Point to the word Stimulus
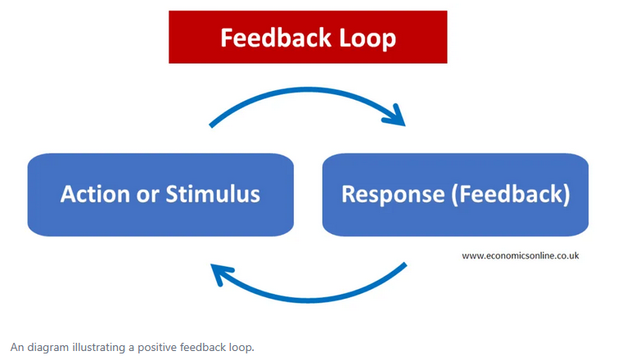point(214,194)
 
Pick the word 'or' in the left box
point(150,194)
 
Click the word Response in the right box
point(389,194)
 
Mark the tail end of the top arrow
point(212,125)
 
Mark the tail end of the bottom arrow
point(404,265)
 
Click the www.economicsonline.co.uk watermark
point(520,255)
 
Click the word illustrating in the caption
point(97,347)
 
